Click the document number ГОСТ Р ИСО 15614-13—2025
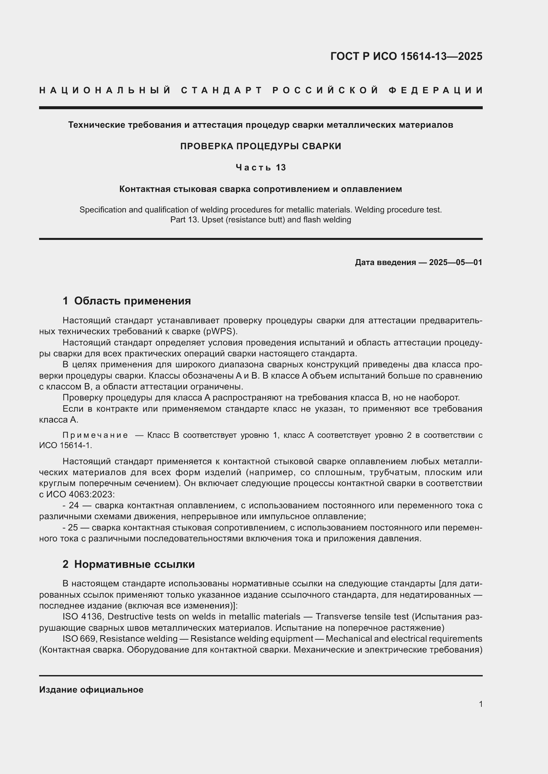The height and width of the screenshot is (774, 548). pos(406,56)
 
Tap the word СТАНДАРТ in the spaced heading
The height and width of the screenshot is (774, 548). pos(222,90)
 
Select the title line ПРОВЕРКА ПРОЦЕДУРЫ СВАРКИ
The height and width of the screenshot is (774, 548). pos(260,146)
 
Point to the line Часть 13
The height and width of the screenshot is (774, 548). pos(260,167)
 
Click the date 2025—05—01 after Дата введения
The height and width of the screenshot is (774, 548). pos(456,262)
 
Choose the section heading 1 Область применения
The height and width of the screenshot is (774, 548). pos(127,301)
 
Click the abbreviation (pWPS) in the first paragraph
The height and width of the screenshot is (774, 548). pos(220,331)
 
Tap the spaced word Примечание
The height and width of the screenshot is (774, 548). pos(95,435)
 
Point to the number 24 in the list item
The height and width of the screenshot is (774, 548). pos(74,505)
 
